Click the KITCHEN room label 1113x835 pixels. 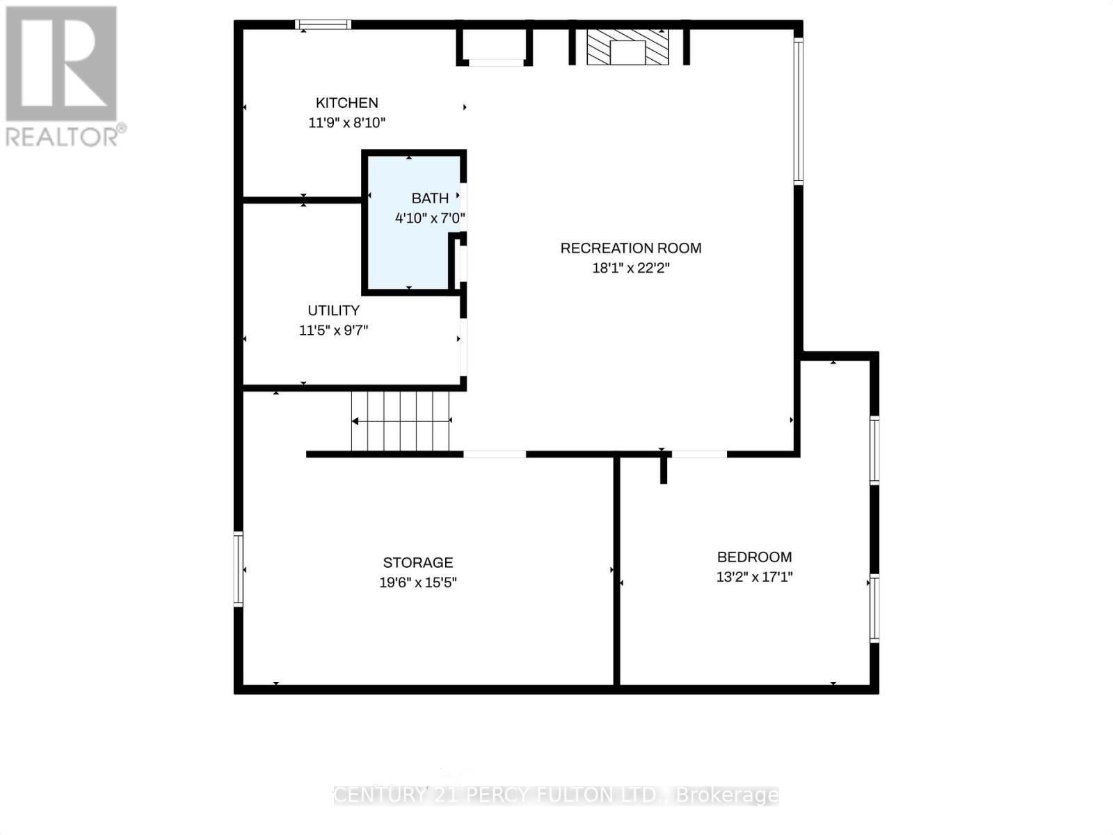pos(346,103)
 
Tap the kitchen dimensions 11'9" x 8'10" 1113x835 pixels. pos(346,123)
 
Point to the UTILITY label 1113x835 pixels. pos(333,310)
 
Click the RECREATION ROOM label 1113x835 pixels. pos(630,248)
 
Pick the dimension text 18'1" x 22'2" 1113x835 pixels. pos(630,268)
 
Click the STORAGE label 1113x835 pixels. pos(417,562)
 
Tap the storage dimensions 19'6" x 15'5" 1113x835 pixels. pos(417,582)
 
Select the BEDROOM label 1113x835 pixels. pos(754,557)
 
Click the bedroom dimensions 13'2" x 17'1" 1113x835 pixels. pos(754,577)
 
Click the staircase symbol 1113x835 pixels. pos(401,421)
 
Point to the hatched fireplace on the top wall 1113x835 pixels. pos(627,47)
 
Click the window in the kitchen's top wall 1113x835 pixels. pos(323,25)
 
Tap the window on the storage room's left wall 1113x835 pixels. pos(239,568)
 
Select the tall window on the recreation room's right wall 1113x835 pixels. pos(799,111)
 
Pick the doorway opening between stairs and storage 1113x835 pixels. pos(495,454)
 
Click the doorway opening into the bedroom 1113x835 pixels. pos(698,454)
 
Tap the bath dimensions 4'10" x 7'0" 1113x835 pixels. pos(429,218)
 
